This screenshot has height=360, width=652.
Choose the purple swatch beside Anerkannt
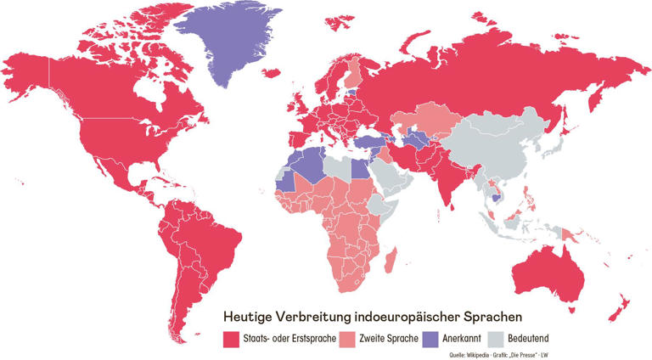tap(430, 340)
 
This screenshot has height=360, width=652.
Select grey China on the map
tap(501, 144)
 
